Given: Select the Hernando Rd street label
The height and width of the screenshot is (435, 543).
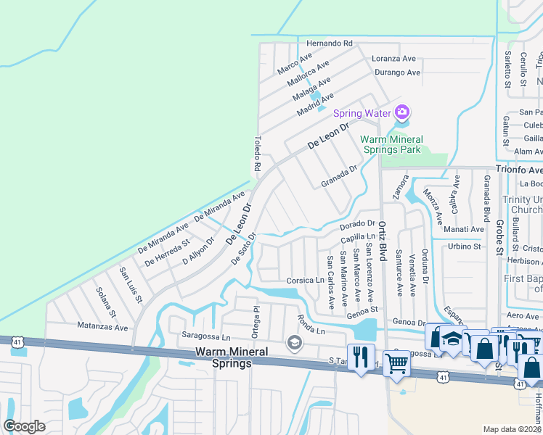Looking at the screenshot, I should point(329,43).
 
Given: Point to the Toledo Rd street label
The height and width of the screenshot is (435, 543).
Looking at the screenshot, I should point(257,154).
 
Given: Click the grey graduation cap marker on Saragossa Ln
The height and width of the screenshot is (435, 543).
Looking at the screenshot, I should point(294,343).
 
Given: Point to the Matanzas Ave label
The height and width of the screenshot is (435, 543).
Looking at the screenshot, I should point(102,328).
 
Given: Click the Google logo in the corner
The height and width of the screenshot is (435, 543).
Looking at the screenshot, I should point(25,426).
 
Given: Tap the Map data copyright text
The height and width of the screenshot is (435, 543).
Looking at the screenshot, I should point(513,429).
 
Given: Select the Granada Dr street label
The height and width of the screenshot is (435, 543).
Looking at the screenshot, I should point(339,176).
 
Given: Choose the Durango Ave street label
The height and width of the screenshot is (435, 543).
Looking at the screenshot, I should point(397,72).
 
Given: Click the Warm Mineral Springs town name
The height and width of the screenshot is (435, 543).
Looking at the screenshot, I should point(232,357).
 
